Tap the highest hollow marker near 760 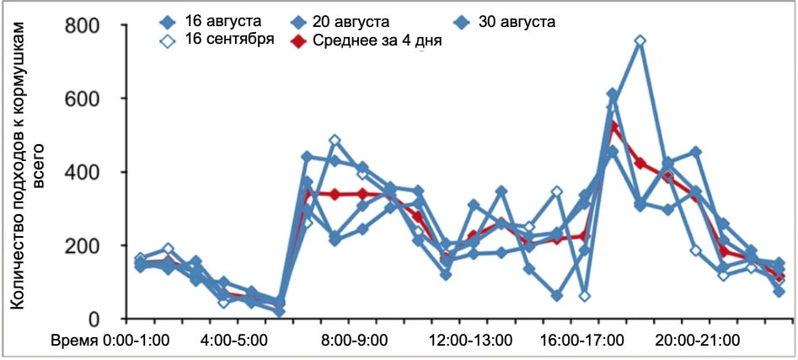pos(640,40)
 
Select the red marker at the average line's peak pos(613,126)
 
